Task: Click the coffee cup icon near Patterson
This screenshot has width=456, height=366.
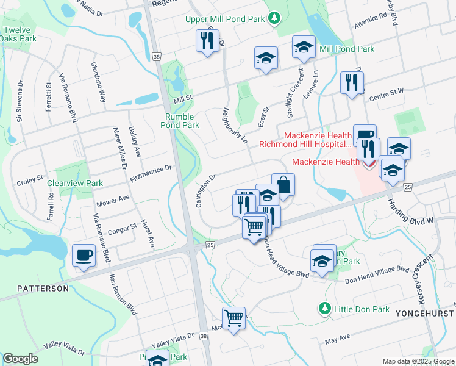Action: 84,255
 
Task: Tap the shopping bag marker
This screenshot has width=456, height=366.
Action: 283,184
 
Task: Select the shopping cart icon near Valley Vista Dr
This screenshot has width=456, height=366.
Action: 233,318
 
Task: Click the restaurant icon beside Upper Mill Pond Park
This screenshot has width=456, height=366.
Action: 207,41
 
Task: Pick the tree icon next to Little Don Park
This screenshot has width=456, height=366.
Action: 326,309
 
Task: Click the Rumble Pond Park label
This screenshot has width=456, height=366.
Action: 180,121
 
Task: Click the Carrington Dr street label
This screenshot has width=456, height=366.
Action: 206,191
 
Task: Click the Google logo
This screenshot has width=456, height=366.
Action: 21,359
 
